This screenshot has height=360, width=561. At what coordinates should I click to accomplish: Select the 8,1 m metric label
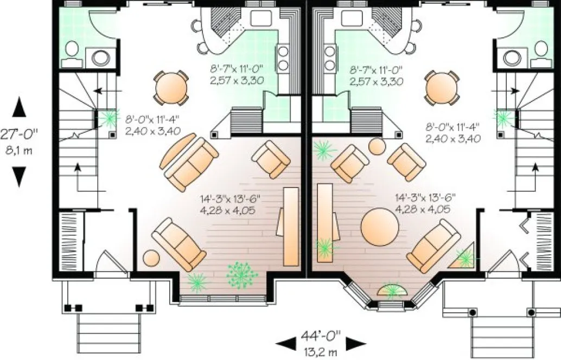(20, 150)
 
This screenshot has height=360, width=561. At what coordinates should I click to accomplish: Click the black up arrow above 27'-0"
(20, 107)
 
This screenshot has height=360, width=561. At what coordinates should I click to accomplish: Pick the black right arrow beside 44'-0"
(355, 343)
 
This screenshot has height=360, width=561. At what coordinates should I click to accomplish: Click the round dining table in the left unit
(172, 87)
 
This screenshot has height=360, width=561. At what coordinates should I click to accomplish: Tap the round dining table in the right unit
(442, 87)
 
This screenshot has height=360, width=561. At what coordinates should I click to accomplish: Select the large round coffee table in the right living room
(379, 227)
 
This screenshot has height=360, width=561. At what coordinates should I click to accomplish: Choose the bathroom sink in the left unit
(100, 56)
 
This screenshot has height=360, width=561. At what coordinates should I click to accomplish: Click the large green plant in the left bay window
(242, 275)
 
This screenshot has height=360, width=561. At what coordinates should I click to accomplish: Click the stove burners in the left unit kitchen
(283, 59)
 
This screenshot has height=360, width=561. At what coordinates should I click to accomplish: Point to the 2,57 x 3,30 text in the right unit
(376, 82)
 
